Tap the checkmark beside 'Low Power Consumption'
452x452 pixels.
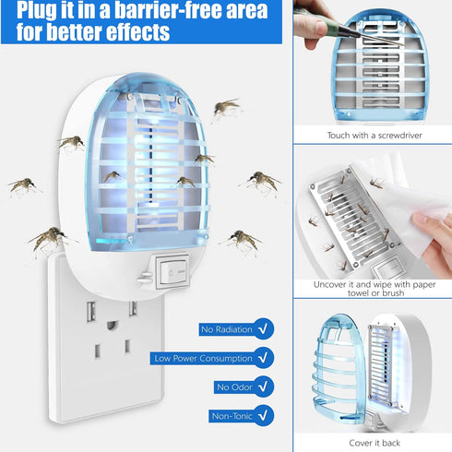click(265, 357)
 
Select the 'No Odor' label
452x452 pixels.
click(230, 387)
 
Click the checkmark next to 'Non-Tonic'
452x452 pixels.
click(265, 415)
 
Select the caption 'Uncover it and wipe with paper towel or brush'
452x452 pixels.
click(373, 287)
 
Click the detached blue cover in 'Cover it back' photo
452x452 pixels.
click(331, 369)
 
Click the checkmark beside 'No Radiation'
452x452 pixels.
click(265, 327)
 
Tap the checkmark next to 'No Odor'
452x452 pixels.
click(265, 387)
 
